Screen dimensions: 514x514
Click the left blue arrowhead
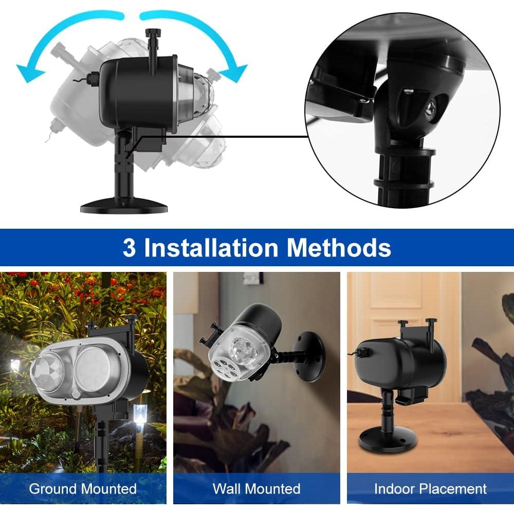[27, 70]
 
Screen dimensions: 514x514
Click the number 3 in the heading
[129, 247]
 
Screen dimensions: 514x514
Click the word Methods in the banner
[339, 247]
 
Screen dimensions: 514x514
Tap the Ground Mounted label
[83, 488]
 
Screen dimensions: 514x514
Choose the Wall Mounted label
[256, 488]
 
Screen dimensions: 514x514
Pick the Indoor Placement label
[430, 488]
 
